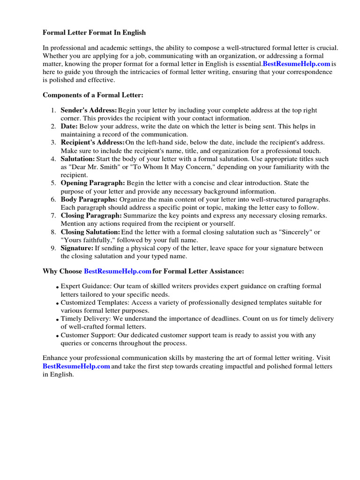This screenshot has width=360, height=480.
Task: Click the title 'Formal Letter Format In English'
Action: (x=94, y=32)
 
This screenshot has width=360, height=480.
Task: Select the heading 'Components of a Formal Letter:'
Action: (x=92, y=95)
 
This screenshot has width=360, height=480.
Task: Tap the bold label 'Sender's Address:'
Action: (x=89, y=110)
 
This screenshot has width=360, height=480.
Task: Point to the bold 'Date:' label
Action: (x=69, y=127)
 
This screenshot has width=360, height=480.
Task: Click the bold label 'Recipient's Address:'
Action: (x=92, y=142)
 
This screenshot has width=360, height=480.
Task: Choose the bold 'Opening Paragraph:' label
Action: (x=92, y=183)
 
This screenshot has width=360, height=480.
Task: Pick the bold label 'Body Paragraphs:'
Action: (x=89, y=199)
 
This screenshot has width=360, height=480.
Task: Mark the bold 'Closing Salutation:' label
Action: (x=90, y=232)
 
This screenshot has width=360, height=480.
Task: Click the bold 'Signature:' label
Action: (x=77, y=248)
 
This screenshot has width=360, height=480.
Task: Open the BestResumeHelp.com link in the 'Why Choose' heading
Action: (x=118, y=271)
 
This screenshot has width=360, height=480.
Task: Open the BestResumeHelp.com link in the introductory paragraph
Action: (x=296, y=64)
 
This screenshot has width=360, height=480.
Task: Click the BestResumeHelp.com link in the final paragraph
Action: (x=76, y=367)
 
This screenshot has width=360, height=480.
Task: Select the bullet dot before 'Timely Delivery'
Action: (x=57, y=320)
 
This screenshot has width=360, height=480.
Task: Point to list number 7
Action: (x=53, y=216)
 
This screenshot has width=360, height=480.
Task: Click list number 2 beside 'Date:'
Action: (x=53, y=127)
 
